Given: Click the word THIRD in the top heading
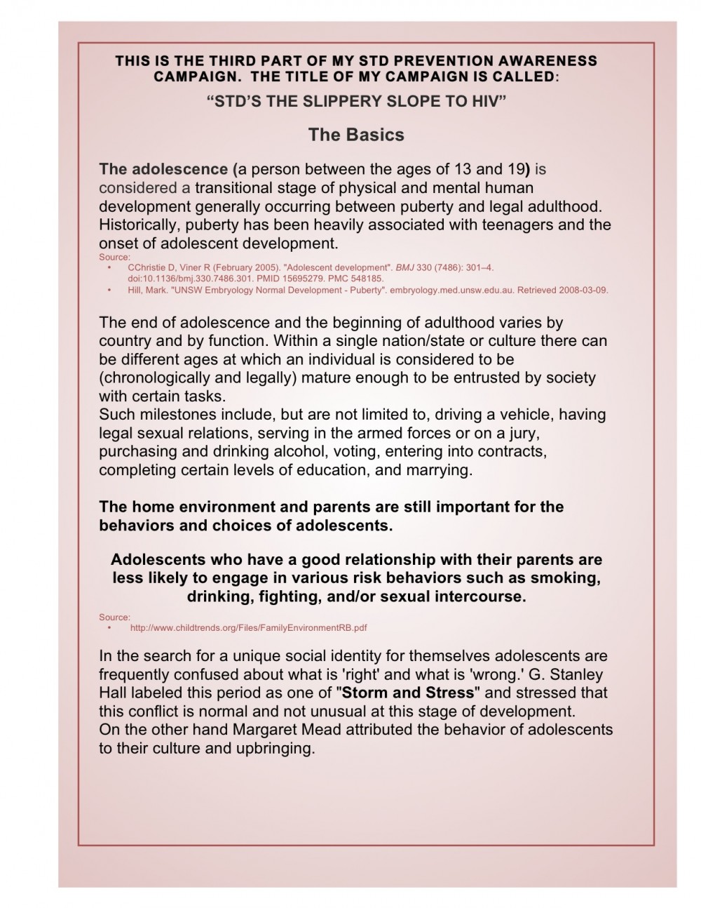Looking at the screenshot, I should [x=243, y=61].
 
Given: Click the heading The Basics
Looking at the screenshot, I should [x=356, y=135].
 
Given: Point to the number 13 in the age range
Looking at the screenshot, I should [x=460, y=169].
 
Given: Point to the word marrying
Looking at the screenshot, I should [x=442, y=469].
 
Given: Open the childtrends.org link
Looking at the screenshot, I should [x=248, y=628].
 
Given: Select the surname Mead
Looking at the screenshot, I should [x=323, y=729].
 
